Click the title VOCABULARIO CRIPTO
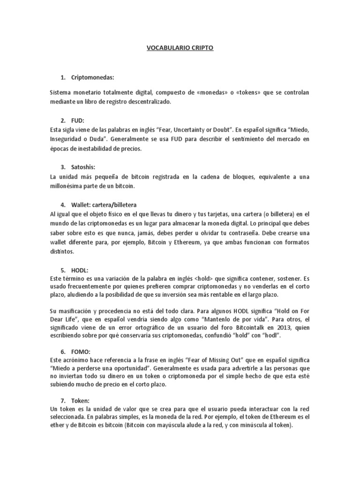pos(180,48)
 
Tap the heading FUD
pos(78,120)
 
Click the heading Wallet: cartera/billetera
pos(105,204)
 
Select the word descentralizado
pos(150,101)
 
